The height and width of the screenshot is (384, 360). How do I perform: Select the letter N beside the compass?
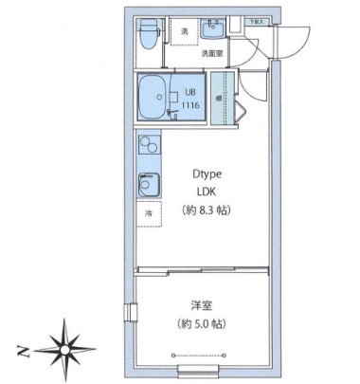tap(22, 353)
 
